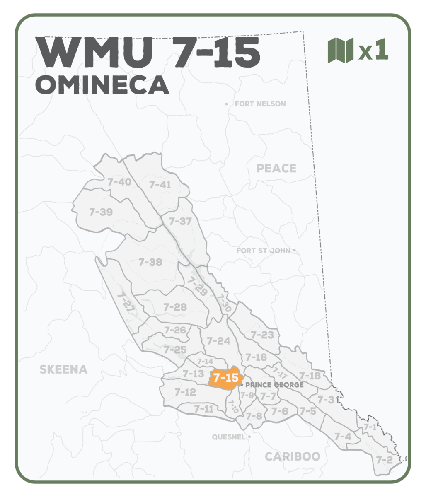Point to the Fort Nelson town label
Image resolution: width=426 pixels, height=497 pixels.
click(260, 104)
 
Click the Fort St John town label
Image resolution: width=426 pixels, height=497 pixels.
click(264, 251)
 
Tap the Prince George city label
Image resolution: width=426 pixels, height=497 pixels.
click(274, 385)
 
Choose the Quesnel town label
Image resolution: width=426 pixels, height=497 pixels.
click(229, 437)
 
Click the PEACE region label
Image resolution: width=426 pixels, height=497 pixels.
click(276, 168)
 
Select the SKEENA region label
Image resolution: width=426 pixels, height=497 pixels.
click(63, 369)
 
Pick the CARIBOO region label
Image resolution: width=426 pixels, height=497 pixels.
click(293, 456)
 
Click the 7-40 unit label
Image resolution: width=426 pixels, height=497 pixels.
click(119, 182)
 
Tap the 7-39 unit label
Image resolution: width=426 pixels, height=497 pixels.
click(101, 212)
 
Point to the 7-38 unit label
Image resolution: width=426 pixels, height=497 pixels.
click(150, 262)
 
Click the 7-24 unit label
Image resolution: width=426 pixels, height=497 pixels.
click(218, 341)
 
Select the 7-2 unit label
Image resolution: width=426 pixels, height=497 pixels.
click(384, 460)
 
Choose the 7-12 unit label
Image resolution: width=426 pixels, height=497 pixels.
click(185, 392)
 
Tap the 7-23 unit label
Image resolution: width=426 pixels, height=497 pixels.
click(262, 335)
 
